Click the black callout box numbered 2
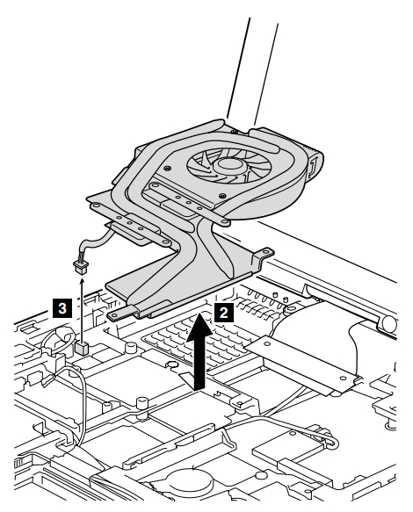[x=224, y=313]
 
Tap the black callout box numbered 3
[x=62, y=308]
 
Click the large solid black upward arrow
[x=199, y=351]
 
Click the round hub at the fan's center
[x=228, y=165]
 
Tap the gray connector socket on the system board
[x=82, y=349]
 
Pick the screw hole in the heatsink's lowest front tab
[x=115, y=316]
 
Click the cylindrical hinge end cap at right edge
[x=388, y=323]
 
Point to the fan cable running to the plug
[x=95, y=241]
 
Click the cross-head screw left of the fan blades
[x=168, y=168]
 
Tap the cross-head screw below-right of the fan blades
[x=223, y=196]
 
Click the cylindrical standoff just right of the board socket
[x=131, y=348]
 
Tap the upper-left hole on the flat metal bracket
[x=267, y=343]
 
